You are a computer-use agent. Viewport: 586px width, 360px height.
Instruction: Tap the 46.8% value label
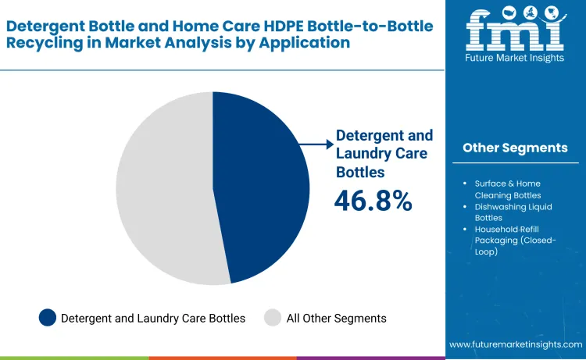coord(373,201)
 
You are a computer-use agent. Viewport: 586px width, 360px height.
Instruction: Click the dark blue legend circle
coord(48,318)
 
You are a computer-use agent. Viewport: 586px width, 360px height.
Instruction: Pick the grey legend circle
coord(273,318)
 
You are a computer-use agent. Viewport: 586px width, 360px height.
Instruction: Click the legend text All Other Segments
coord(336,318)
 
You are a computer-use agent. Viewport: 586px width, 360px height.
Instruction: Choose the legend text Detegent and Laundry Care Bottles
coord(153,318)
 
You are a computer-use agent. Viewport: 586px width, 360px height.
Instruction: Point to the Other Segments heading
coord(515,148)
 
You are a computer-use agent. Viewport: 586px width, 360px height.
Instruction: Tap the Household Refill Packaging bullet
coord(515,240)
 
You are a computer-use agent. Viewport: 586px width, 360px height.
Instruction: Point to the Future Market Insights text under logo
coord(514,59)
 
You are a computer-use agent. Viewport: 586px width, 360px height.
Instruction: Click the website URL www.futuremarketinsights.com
coord(516,344)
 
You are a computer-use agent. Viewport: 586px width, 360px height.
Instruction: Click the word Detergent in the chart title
coord(43,25)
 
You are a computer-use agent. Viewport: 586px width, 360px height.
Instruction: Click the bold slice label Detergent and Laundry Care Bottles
coord(384,153)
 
